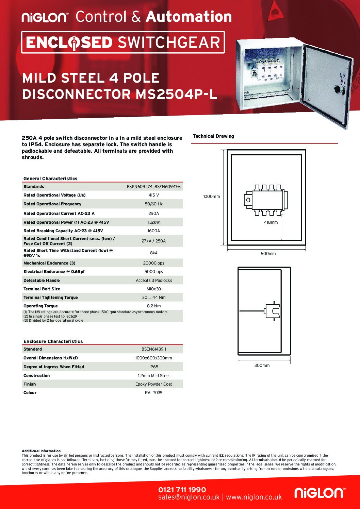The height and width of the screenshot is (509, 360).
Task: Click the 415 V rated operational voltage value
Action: click(154, 195)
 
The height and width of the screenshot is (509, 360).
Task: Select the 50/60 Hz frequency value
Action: click(154, 204)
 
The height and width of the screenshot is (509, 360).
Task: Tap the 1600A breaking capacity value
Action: click(154, 231)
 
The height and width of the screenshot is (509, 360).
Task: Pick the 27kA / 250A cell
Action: click(154, 241)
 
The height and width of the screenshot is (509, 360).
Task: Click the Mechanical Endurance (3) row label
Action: click(49, 263)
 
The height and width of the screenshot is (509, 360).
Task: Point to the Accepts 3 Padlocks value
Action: click(154, 281)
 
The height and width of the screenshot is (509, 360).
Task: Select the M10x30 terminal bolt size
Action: click(154, 289)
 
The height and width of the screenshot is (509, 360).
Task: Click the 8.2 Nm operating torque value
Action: click(154, 306)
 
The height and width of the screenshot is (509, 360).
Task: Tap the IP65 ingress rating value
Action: click(154, 367)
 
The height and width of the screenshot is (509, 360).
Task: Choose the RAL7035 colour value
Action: click(154, 393)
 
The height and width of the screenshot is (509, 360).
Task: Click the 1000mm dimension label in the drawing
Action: click(212, 197)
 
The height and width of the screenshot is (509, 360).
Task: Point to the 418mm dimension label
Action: click(271, 222)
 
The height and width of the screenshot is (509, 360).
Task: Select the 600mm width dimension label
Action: click(268, 254)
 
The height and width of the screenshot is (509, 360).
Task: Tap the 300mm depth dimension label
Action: click(262, 366)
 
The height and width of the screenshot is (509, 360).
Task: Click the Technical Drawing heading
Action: click(213, 136)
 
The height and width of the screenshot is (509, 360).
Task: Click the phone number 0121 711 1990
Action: click(182, 490)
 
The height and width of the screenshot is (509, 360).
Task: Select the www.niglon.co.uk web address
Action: click(254, 497)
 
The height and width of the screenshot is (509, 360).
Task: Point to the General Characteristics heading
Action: click(50, 179)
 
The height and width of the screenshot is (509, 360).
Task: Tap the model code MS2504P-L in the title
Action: click(176, 94)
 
